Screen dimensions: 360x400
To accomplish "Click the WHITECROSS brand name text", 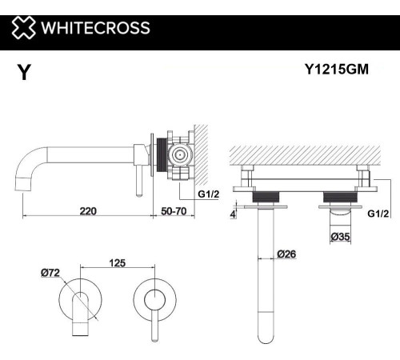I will pos(95,29).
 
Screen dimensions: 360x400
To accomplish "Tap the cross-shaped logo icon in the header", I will pos(23,29).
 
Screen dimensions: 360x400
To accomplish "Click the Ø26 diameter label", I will pos(287,255).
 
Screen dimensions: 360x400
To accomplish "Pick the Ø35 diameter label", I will pos(340,236).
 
